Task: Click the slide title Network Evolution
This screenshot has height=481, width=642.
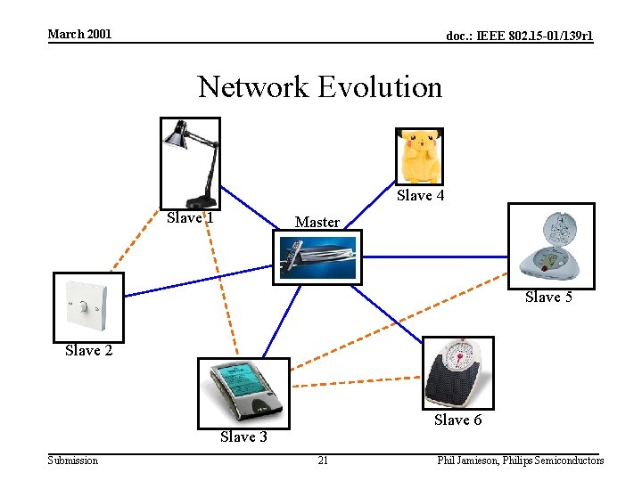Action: click(x=320, y=87)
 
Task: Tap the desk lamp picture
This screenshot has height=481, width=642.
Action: click(x=190, y=163)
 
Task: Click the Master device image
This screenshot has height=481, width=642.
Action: click(x=317, y=257)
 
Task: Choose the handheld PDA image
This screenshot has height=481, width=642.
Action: click(x=243, y=392)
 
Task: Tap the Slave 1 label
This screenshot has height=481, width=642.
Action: click(x=190, y=218)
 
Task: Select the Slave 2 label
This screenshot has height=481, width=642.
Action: click(x=89, y=351)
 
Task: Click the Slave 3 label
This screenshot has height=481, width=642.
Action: click(x=243, y=436)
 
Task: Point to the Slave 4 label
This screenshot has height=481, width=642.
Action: click(x=420, y=196)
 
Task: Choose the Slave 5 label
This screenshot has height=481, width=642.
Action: click(x=548, y=298)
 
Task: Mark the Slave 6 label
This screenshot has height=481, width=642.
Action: click(x=457, y=420)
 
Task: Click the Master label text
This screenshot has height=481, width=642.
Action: click(x=317, y=222)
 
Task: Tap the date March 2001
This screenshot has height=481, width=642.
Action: click(x=79, y=34)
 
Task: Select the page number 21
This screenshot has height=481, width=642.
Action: click(x=323, y=461)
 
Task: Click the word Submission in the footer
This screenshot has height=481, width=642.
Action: click(x=73, y=461)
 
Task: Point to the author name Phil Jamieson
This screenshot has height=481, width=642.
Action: click(x=467, y=461)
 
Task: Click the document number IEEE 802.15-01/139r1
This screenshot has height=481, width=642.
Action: click(x=519, y=36)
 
